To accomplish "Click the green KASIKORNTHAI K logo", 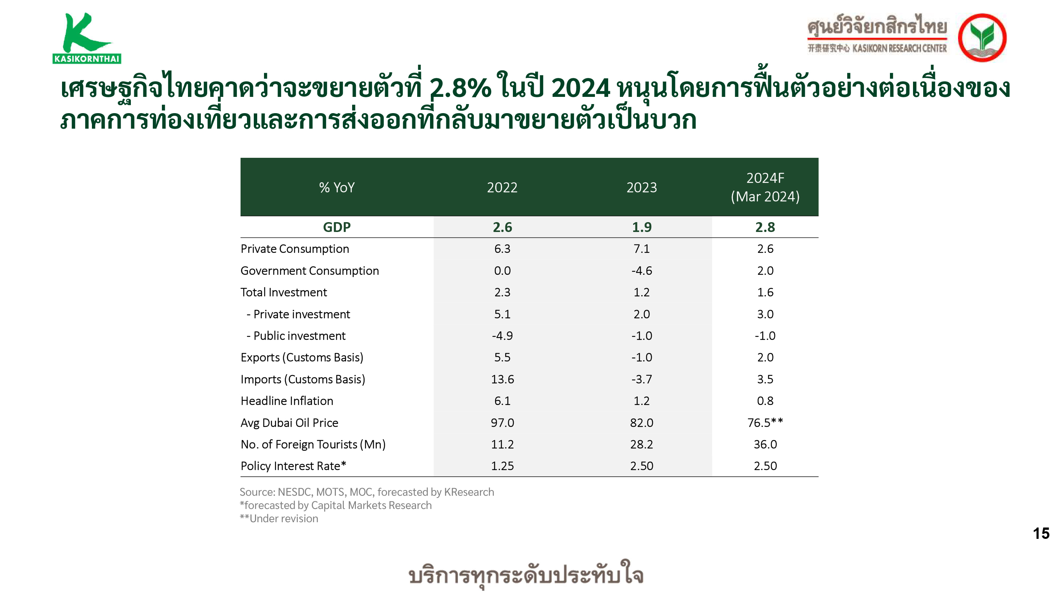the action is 87,38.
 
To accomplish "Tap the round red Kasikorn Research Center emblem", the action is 982,37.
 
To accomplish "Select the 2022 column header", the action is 502,188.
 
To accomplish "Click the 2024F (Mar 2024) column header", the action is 765,187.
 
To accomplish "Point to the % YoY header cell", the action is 337,188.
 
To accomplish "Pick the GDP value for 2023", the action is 641,227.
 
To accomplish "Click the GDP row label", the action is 337,227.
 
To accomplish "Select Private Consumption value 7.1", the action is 641,249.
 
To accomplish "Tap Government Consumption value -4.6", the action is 641,271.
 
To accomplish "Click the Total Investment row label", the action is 284,293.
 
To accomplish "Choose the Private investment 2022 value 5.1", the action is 502,314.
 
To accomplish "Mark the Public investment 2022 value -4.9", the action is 502,336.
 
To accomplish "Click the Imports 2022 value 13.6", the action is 502,379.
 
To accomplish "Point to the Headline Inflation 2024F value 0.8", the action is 765,401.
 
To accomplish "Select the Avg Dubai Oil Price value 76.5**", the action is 765,422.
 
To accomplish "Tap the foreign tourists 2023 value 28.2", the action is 641,444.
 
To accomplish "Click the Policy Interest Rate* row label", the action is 293,466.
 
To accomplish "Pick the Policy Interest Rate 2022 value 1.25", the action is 502,466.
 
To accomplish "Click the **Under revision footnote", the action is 279,519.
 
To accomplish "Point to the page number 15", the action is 1041,534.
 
